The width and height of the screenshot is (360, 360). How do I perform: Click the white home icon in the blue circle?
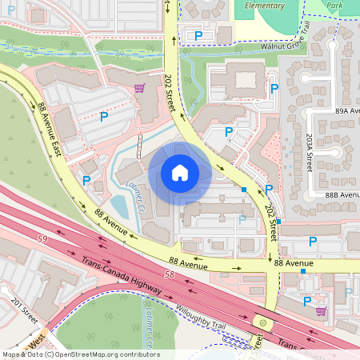(x=180, y=172)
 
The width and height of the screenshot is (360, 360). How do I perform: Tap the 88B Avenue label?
(x=342, y=194)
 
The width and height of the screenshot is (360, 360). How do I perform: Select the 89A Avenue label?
(x=348, y=110)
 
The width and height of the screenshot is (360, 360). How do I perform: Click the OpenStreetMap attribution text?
(x=80, y=354)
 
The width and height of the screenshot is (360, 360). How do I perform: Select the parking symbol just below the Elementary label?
(x=198, y=35)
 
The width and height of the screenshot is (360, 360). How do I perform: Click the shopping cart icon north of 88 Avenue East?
(x=139, y=88)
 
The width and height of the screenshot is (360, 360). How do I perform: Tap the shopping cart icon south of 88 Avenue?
(x=321, y=311)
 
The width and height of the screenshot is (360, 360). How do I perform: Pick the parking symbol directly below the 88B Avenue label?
(x=313, y=241)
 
